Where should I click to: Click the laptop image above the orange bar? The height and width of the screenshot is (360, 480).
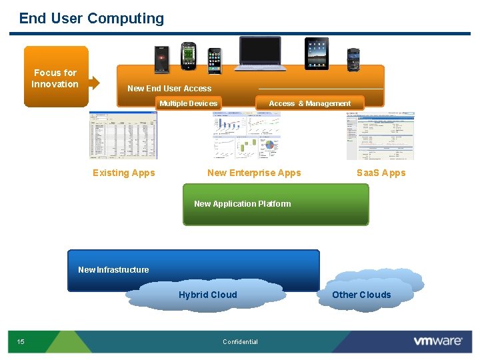pos(260,54)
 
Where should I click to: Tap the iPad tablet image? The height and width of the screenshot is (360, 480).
pos(317,54)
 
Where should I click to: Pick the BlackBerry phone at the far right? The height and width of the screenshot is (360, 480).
pos(353,60)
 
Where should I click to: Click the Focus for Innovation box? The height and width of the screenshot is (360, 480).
pos(56,77)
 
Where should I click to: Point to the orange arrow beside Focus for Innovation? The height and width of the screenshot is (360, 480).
pos(95,83)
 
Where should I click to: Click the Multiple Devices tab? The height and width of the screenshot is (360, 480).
pos(188,103)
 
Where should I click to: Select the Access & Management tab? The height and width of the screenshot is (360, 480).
pos(309,103)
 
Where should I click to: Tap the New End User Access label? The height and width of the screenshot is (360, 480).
pos(169,88)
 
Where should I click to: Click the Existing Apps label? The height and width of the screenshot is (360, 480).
pos(123,173)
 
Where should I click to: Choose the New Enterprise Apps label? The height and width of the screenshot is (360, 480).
pos(254,173)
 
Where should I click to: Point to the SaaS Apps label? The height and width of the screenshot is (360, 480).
pos(381,173)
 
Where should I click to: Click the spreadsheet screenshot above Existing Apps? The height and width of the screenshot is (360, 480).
pos(123,135)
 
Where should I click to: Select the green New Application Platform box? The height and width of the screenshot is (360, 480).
pos(275,205)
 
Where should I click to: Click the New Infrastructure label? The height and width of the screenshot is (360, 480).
pos(113,269)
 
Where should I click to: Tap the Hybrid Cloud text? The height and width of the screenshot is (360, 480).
pos(207,295)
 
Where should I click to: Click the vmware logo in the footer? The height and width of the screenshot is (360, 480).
pos(437,341)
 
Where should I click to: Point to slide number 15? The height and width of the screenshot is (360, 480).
pos(21,342)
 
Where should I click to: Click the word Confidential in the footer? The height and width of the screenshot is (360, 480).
pos(240,342)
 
